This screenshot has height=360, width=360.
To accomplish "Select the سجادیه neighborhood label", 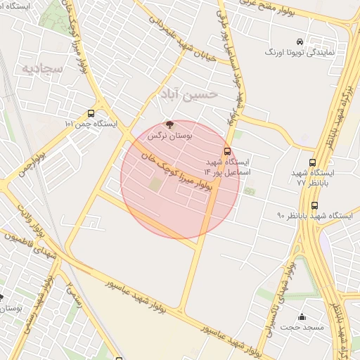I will (42, 68).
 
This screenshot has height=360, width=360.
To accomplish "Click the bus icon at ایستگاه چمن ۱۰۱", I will (91, 113).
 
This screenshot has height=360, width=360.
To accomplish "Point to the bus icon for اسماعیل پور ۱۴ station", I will (226, 151).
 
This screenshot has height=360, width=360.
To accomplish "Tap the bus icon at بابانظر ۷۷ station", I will (313, 162).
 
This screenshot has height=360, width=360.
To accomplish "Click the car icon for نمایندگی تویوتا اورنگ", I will (300, 41).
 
